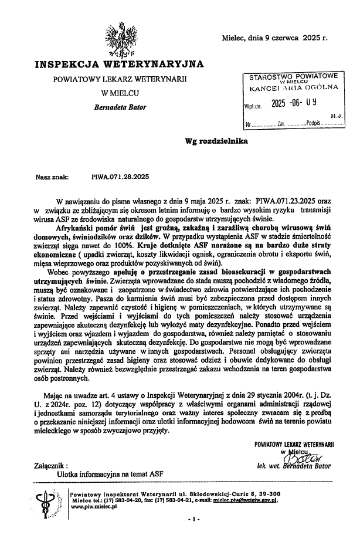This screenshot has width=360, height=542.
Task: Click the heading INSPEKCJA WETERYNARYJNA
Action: click(119, 63)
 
